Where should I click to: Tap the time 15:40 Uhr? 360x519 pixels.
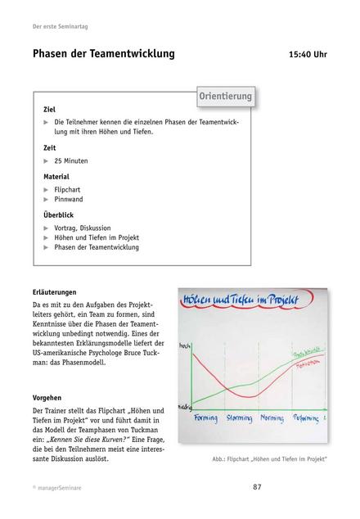pyautogui.click(x=308, y=56)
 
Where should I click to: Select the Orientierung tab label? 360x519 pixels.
pyautogui.click(x=225, y=97)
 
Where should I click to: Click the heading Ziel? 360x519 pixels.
pyautogui.click(x=49, y=109)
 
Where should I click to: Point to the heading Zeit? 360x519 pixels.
pyautogui.click(x=50, y=148)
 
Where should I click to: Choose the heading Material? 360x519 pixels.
pyautogui.click(x=56, y=176)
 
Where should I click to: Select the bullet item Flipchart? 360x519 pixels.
pyautogui.click(x=69, y=189)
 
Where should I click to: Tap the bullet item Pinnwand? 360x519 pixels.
pyautogui.click(x=69, y=199)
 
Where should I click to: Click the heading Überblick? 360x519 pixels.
pyautogui.click(x=58, y=214)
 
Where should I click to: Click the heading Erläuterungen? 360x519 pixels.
pyautogui.click(x=55, y=291)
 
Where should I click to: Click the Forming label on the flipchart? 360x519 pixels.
pyautogui.click(x=205, y=417)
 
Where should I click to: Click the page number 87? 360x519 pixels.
pyautogui.click(x=256, y=487)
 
